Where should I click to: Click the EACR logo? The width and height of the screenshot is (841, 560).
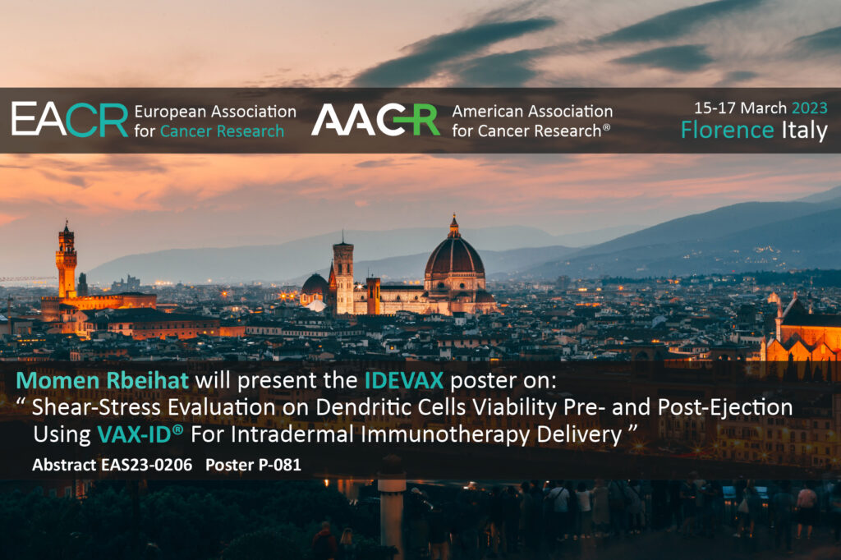click(70, 120)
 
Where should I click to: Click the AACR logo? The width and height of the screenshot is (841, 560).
click(375, 120)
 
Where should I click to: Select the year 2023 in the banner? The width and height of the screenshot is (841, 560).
click(809, 108)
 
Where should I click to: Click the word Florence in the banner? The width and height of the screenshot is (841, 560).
click(727, 130)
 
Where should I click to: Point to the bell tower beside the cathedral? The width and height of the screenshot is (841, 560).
click(343, 275)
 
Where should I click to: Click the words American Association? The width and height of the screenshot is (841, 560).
click(532, 111)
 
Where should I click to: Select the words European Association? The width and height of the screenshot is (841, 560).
click(215, 111)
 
